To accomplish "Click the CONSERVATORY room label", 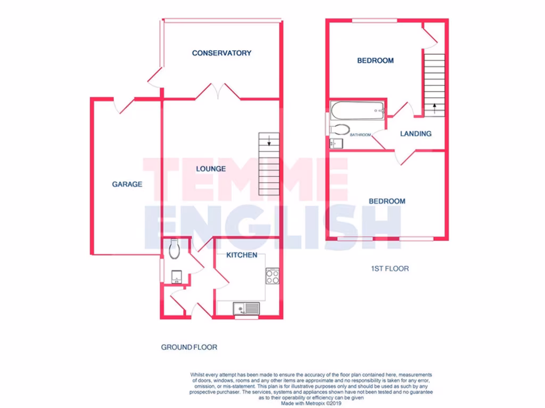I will (x=221, y=53).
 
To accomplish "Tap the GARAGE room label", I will (x=127, y=184).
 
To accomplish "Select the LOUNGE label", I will (x=211, y=169).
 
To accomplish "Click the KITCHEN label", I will (x=242, y=255).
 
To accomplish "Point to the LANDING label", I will (x=416, y=134).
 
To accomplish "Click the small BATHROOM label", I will (x=360, y=135).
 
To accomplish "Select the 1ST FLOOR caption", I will (x=390, y=269).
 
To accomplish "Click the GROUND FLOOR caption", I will (x=189, y=347).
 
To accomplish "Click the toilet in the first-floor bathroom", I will (x=340, y=129).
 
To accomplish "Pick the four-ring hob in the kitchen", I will (x=272, y=276).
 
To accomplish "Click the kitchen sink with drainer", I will (x=246, y=308).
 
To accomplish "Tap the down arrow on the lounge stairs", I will (x=269, y=141).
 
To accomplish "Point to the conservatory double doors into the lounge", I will (x=218, y=92).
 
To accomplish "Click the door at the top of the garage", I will (x=123, y=105).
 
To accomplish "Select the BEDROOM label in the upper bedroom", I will (x=375, y=61).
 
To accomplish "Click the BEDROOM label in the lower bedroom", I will (x=387, y=201).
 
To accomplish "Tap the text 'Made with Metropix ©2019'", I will (x=311, y=403).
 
